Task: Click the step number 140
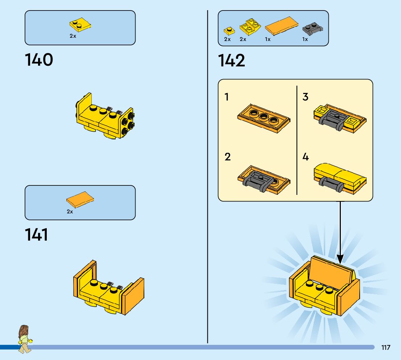click(x=39, y=60)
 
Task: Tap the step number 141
click(x=37, y=235)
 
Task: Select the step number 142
click(x=231, y=61)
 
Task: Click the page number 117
click(x=386, y=347)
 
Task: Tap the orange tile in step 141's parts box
click(x=80, y=200)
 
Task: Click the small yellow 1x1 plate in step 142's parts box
click(x=228, y=31)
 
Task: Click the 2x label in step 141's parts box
click(x=70, y=212)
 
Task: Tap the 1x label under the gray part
click(x=305, y=39)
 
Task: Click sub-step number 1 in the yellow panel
click(x=227, y=97)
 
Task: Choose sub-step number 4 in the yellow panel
click(x=305, y=157)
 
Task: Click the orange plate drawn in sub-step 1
click(x=263, y=118)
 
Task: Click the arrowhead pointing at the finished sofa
click(x=340, y=259)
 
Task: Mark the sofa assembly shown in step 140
click(x=105, y=116)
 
